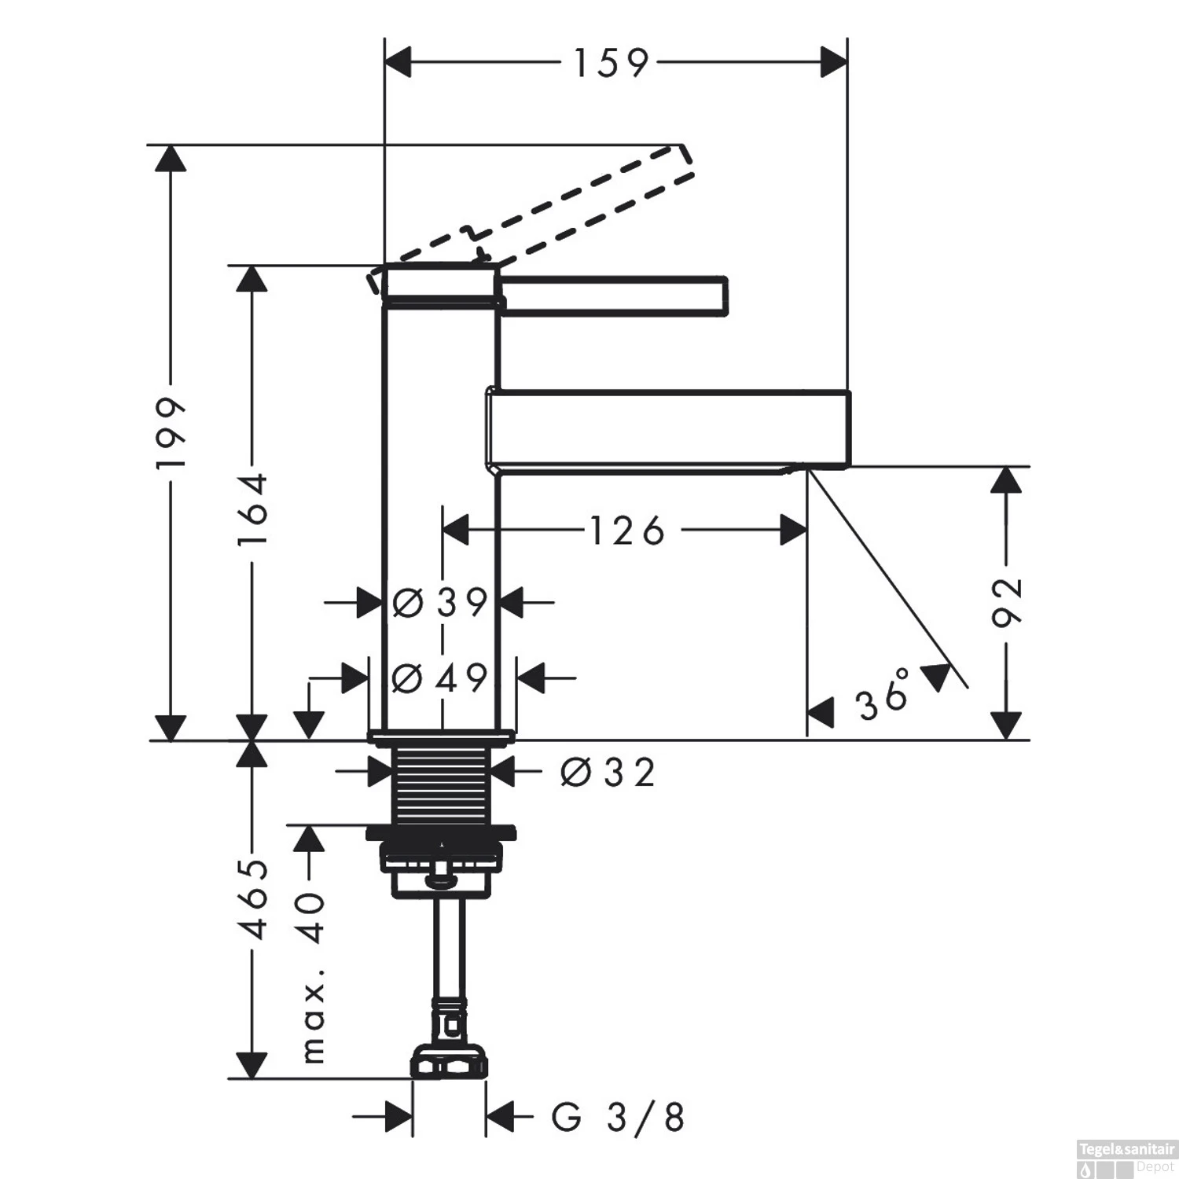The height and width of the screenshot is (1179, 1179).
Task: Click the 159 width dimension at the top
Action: pos(612,63)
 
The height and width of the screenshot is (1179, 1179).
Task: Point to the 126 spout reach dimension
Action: pos(626,531)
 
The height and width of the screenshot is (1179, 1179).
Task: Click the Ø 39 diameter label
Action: pos(440,603)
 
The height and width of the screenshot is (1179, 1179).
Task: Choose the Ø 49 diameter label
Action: pos(440,678)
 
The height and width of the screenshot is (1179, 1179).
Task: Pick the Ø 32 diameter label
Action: pos(608,773)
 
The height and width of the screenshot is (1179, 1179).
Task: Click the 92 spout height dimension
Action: pos(1006,602)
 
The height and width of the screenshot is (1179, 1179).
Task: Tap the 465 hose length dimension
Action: pos(253,899)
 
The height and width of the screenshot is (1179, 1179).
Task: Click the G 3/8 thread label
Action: pos(618,1117)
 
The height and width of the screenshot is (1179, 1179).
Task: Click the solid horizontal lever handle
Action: pos(613,294)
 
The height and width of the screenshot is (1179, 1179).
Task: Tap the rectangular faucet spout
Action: pos(668,428)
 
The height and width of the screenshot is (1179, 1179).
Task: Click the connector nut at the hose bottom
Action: pos(447,1063)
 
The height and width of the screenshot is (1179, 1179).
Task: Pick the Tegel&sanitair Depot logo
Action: pos(1125,1158)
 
